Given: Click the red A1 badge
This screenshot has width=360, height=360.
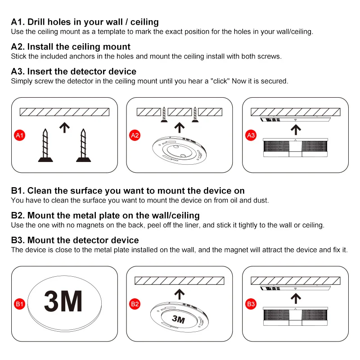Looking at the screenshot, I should point(19,135).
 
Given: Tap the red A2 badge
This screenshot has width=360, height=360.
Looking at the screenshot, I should point(135,135).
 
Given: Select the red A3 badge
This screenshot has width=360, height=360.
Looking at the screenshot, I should point(251,135).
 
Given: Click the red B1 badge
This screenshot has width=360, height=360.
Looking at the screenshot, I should point(19,304).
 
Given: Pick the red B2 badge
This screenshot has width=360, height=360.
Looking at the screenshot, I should point(135,304).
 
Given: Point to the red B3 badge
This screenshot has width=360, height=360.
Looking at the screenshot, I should point(251,304).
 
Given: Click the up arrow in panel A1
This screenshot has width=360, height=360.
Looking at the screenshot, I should point(65,128).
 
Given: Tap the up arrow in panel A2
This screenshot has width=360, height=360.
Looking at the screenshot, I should point(180,128).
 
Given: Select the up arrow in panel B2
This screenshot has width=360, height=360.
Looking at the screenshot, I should point(180,294).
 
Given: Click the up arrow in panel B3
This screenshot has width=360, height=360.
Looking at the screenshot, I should point(296,298).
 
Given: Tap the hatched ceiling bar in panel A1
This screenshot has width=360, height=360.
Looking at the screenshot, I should point(64,112).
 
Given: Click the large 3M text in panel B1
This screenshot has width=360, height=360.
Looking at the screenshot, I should point(63,302).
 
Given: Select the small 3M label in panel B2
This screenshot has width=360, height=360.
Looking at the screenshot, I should point(179,319).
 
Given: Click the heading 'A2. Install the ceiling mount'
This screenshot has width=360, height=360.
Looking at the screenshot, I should point(71,47).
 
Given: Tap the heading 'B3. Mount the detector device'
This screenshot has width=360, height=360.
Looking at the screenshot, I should point(75,240).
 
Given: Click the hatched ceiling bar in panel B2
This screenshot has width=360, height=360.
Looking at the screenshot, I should point(180,281).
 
